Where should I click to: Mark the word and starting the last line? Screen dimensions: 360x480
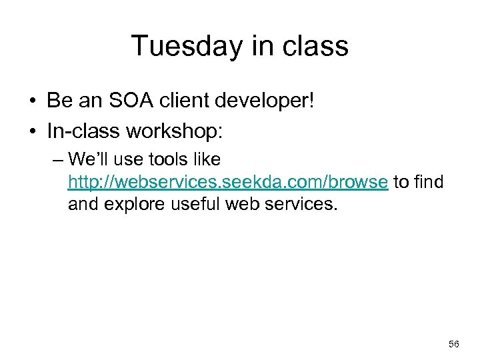[x=83, y=204]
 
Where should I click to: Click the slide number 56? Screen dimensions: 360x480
[x=454, y=344]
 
